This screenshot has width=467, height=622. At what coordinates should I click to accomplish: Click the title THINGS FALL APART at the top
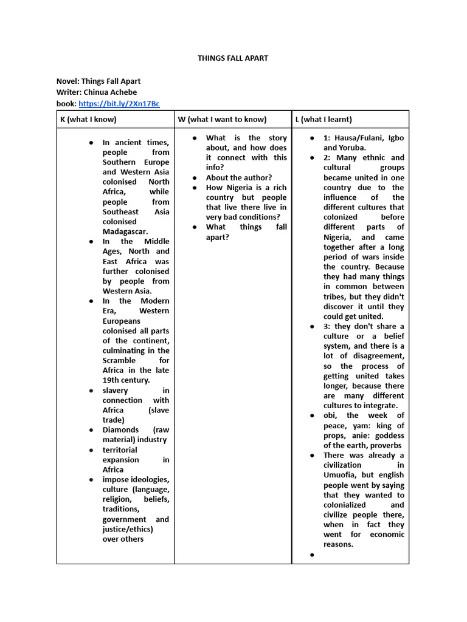click(233, 58)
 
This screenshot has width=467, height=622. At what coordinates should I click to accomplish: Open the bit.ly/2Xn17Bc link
click(119, 104)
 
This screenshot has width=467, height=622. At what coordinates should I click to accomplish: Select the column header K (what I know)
click(88, 120)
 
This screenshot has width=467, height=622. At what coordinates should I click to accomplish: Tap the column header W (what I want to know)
click(222, 120)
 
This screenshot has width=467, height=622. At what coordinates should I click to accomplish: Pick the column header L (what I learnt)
click(323, 120)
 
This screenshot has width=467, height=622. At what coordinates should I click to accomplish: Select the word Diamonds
click(120, 430)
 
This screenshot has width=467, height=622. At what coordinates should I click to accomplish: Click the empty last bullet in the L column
click(312, 555)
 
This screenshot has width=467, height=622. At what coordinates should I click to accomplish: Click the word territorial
click(120, 450)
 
